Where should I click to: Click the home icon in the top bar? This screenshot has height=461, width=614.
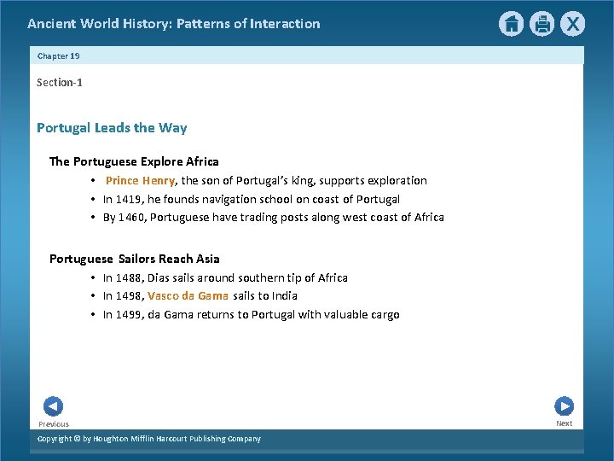pos(511,24)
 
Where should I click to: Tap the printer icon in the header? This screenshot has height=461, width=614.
pos(542,24)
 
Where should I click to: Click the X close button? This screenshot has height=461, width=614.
pos(573,24)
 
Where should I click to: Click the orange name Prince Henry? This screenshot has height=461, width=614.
pos(140,180)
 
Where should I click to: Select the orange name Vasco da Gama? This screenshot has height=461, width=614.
pos(188,295)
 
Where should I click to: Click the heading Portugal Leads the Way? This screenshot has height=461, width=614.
pos(112,127)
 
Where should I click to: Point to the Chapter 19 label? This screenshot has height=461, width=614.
pos(58,55)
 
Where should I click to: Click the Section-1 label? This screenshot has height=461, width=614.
pos(59,82)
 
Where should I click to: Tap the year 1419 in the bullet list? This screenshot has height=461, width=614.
pos(128,199)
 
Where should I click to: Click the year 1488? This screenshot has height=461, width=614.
pos(128,277)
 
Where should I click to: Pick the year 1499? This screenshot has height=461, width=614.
pos(128,314)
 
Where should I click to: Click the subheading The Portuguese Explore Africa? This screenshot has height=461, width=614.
pos(134,161)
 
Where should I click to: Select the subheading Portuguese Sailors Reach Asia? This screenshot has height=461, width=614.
pos(134,259)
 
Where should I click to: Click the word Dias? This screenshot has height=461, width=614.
pos(159,277)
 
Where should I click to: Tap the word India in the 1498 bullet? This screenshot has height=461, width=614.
pos(284,295)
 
